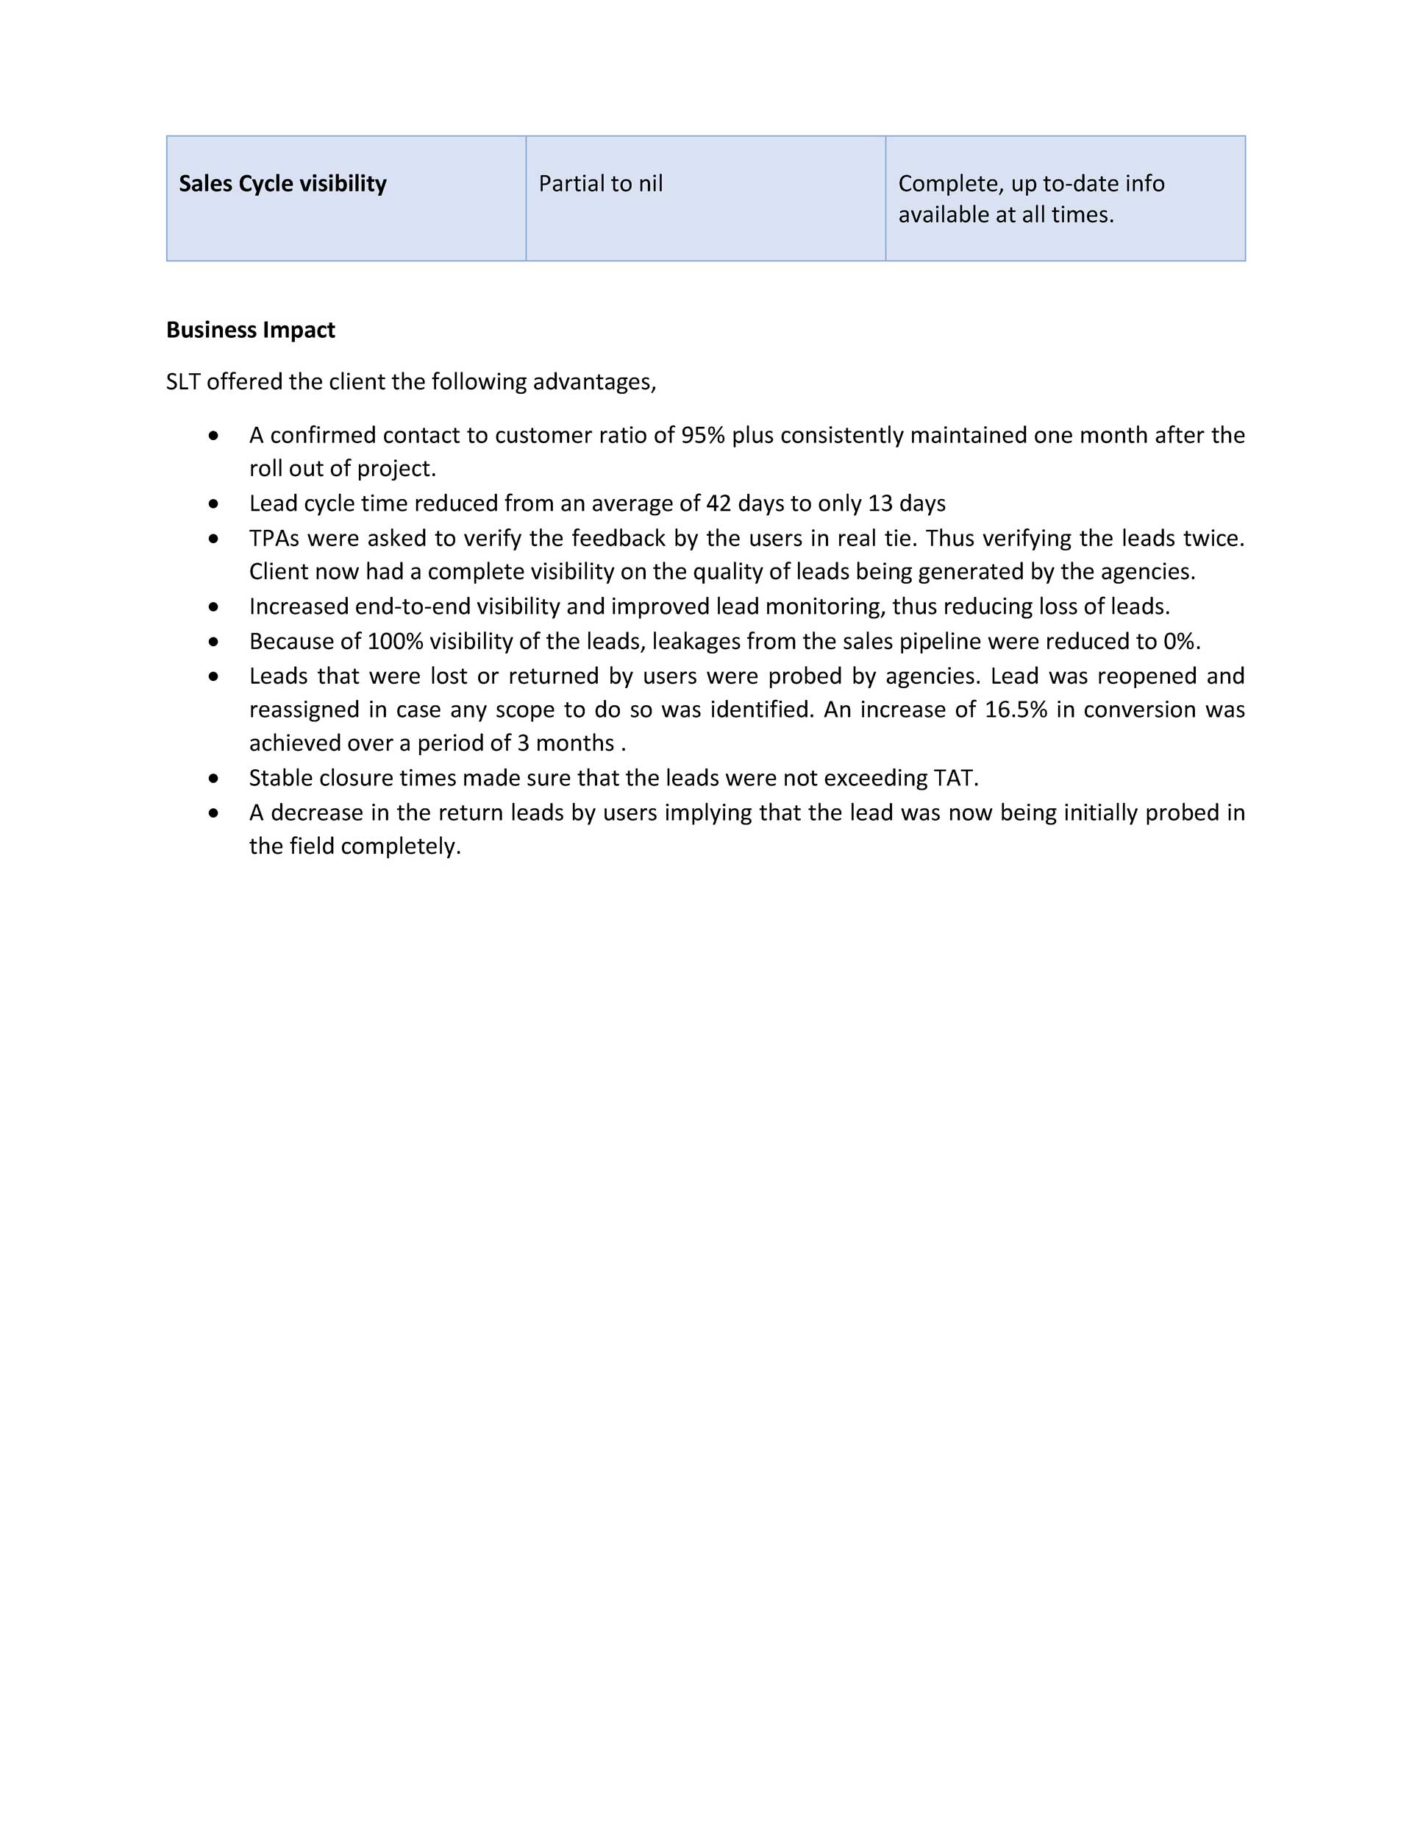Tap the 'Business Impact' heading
click(x=250, y=330)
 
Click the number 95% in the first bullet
click(x=702, y=436)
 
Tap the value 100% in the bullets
click(x=395, y=642)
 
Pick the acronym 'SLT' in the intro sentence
click(x=182, y=382)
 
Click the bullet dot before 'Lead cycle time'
click(x=215, y=504)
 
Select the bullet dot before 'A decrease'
click(x=215, y=813)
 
